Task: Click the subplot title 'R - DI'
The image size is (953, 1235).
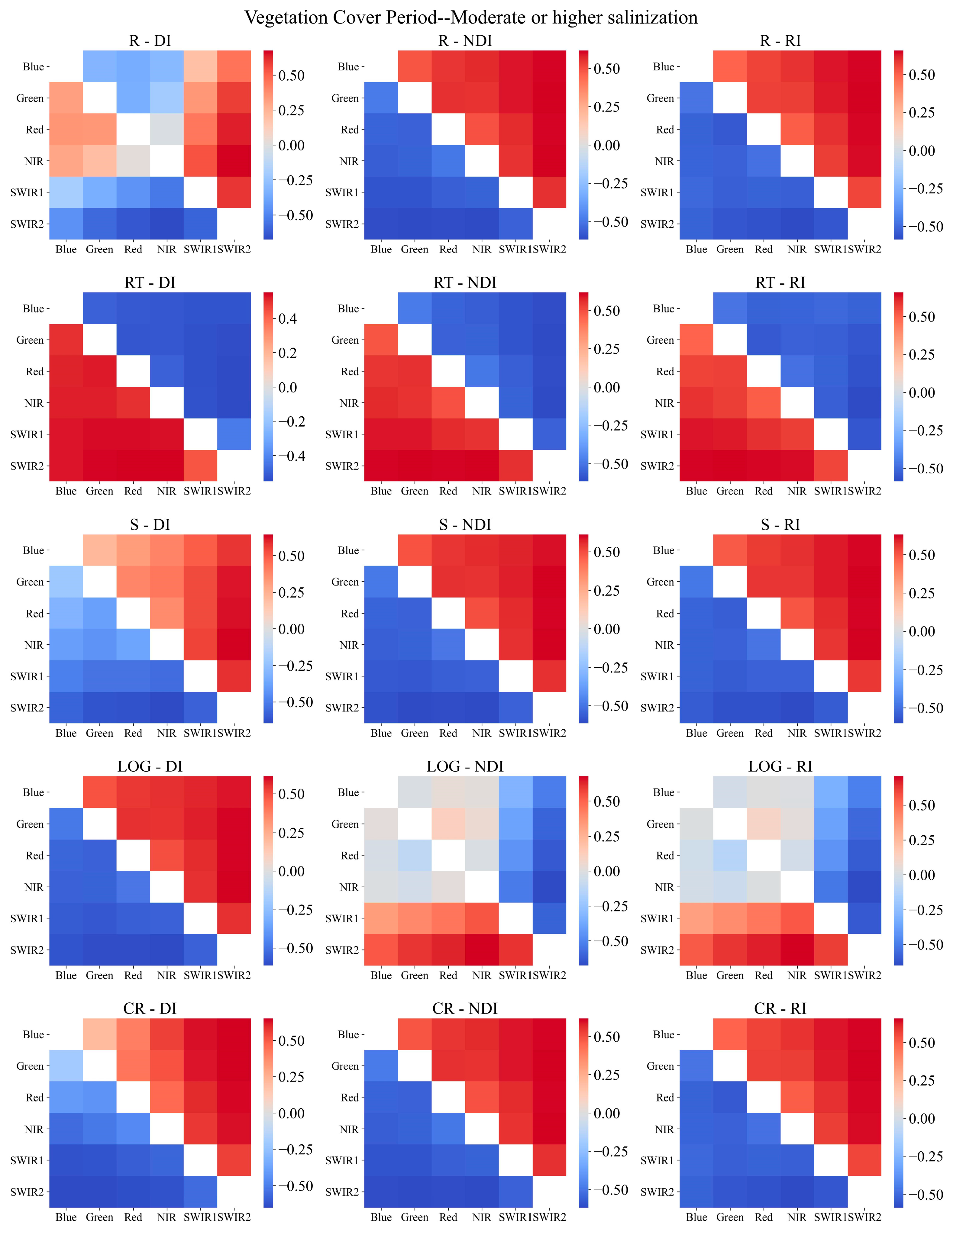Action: tap(150, 41)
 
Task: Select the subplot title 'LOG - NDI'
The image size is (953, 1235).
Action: tap(465, 766)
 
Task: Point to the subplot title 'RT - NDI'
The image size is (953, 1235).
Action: tap(465, 283)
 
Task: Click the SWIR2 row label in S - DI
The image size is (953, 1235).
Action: tap(27, 708)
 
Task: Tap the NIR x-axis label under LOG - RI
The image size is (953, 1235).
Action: tap(797, 975)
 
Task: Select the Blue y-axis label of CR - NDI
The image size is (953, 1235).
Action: tap(348, 1034)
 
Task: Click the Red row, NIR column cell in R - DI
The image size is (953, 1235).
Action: tap(167, 130)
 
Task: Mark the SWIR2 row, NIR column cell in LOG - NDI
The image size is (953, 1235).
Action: tap(482, 950)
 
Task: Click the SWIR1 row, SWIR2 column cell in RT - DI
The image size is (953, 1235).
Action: tap(234, 434)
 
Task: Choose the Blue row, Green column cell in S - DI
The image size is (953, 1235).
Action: tap(99, 550)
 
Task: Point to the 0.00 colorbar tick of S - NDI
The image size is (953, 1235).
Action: tap(607, 629)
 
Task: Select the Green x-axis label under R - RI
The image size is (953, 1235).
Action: tap(730, 249)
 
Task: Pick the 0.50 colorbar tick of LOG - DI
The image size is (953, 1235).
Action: tap(292, 794)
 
